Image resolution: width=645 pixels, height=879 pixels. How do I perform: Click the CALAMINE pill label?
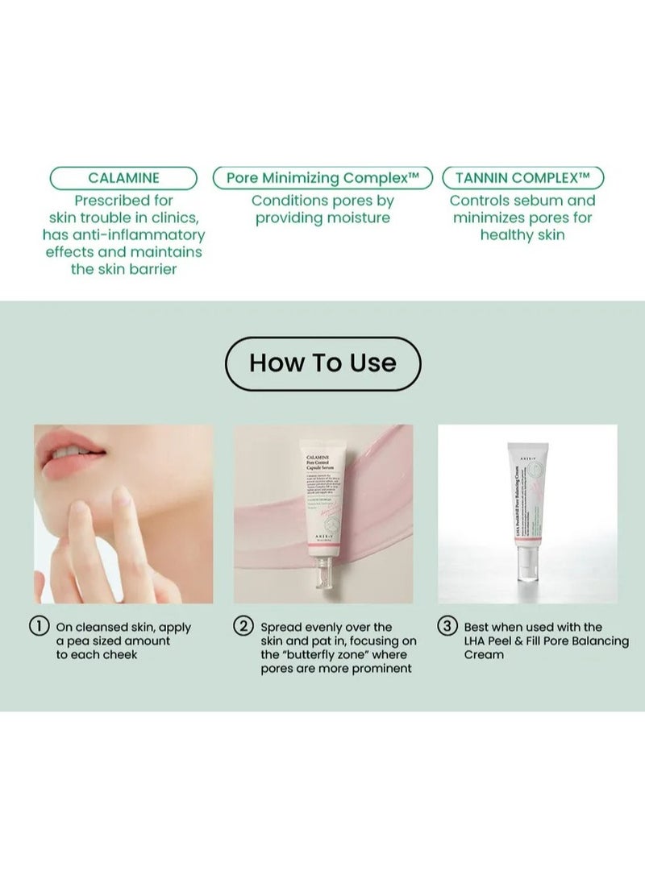pyautogui.click(x=123, y=178)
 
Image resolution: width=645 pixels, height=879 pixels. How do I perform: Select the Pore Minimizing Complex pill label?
pyautogui.click(x=322, y=178)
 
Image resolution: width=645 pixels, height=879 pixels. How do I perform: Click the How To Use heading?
pyautogui.click(x=322, y=363)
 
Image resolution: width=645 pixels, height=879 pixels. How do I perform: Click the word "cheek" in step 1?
pyautogui.click(x=119, y=654)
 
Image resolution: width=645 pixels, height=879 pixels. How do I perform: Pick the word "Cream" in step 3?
pyautogui.click(x=484, y=654)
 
